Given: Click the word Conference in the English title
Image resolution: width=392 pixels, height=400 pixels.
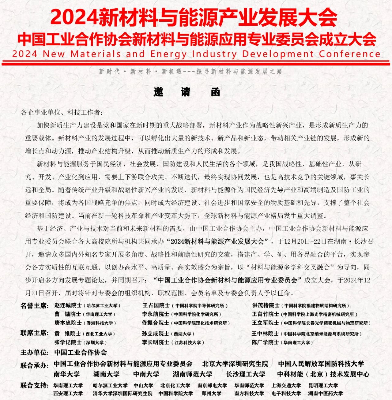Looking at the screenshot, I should tap(349, 54).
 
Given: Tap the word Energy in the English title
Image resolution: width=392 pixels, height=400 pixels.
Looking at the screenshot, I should tap(168, 54).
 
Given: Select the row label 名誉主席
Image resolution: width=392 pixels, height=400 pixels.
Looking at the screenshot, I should tap(34, 305).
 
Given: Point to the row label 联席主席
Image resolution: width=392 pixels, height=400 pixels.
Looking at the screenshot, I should tap(34, 333).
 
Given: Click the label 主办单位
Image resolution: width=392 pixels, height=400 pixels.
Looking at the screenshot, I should tap(34, 353).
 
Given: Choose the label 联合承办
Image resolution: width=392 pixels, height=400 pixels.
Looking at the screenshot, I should tap(34, 365).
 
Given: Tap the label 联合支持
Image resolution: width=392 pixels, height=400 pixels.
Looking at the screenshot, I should tap(34, 385).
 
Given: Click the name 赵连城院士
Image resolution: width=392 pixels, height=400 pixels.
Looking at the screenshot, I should tap(68, 305).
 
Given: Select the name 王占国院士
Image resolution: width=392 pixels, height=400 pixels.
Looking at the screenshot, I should tap(156, 305).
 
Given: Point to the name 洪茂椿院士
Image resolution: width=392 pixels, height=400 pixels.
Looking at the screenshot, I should tap(266, 305).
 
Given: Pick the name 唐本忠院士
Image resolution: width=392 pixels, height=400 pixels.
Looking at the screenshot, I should tap(68, 323).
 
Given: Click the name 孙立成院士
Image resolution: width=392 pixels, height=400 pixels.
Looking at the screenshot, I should tap(155, 334).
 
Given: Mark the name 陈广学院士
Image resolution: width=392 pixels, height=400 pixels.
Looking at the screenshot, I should tap(265, 342).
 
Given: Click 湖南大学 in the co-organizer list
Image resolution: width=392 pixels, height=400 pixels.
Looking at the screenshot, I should tap(106, 374).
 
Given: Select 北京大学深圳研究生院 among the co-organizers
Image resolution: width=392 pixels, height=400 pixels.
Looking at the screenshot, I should tap(235, 364).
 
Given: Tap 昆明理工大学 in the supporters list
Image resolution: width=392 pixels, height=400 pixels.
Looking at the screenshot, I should tap(323, 386).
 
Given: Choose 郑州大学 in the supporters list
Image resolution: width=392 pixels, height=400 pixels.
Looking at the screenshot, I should tap(211, 394).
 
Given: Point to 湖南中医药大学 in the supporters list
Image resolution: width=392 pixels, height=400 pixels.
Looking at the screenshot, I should tap(325, 394).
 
